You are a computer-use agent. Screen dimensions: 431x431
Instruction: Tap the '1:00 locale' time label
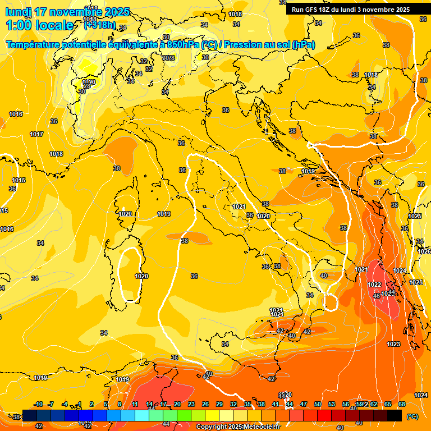(x=39, y=25)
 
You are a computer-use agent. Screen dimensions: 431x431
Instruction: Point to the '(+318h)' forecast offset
(x=100, y=25)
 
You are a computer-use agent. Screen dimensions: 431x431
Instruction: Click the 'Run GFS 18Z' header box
(x=350, y=9)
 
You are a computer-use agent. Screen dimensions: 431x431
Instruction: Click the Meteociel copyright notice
(x=239, y=427)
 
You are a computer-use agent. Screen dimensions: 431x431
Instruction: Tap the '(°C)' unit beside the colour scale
(x=411, y=416)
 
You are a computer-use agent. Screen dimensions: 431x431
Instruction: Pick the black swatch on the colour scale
(x=395, y=415)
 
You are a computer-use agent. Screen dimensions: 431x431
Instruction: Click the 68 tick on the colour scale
(x=402, y=404)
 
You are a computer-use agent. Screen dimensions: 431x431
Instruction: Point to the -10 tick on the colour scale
(x=39, y=404)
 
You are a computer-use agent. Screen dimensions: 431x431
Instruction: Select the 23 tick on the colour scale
(x=191, y=404)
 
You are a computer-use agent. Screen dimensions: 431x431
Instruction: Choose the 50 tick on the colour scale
(x=318, y=404)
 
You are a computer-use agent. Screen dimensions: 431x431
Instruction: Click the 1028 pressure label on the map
(x=168, y=57)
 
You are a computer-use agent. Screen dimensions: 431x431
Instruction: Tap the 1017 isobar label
(x=37, y=134)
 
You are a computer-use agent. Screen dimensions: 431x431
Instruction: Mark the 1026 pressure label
(x=424, y=251)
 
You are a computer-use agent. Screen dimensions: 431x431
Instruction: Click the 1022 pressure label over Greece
(x=375, y=285)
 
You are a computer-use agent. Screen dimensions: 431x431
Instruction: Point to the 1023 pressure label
(x=393, y=344)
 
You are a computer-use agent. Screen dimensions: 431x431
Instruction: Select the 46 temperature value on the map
(x=377, y=295)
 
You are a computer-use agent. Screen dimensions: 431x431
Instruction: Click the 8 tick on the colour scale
(x=120, y=404)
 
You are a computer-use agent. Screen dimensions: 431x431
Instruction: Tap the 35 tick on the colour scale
(x=247, y=404)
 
